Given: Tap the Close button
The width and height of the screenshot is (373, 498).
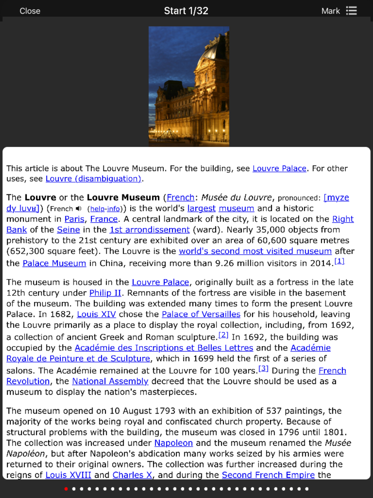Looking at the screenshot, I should click(x=30, y=11).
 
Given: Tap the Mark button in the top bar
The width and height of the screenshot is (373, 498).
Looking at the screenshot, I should click(x=330, y=11).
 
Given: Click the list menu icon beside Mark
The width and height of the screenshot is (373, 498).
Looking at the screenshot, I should click(x=351, y=11).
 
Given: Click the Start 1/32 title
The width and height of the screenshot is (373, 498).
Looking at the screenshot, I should click(x=186, y=11).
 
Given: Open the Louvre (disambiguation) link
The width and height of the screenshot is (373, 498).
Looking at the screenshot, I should click(x=93, y=179).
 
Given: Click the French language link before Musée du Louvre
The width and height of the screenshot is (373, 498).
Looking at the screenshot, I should click(x=181, y=197).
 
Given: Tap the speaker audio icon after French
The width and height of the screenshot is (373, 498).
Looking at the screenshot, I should click(x=78, y=209).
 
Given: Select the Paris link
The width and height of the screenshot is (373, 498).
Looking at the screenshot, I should click(x=75, y=219).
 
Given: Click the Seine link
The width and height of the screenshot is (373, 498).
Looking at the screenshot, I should click(x=68, y=230).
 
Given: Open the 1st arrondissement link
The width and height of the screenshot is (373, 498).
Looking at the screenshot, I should click(x=150, y=230).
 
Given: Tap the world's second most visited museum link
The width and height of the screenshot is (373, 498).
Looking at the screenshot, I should click(x=255, y=251).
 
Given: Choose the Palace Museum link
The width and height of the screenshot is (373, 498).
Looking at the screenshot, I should click(x=54, y=264).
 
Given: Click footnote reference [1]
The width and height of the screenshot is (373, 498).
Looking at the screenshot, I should click(x=339, y=261).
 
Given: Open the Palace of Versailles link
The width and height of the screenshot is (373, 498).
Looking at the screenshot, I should click(x=201, y=314).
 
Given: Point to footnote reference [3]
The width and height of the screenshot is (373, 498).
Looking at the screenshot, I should click(x=263, y=368).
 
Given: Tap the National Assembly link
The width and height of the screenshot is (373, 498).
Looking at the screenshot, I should click(x=110, y=382).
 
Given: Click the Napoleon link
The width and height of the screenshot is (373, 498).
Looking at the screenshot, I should click(x=173, y=443).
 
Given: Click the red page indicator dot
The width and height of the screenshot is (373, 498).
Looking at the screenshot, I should click(x=66, y=489).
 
